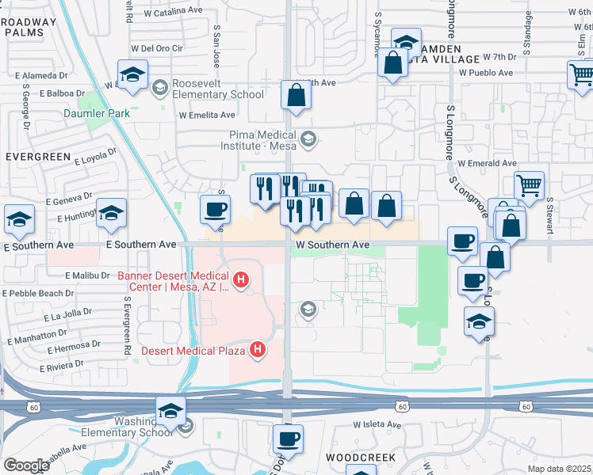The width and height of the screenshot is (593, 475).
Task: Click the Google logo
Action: pyautogui.click(x=26, y=465)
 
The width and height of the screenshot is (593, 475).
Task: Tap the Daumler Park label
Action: pyautogui.click(x=96, y=113)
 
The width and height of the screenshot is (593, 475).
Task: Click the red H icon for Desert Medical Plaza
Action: pyautogui.click(x=258, y=348)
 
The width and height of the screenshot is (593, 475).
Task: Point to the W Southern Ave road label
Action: pyautogui.click(x=333, y=245)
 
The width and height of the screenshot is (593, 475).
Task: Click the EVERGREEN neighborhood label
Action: pyautogui.click(x=38, y=157)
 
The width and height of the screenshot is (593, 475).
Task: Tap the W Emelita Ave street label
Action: pyautogui.click(x=208, y=115)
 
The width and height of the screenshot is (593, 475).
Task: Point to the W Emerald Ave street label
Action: pyautogui.click(x=488, y=163)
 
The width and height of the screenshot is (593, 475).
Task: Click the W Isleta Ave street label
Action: pyautogui.click(x=377, y=424)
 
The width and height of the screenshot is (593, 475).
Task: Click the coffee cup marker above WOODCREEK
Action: pyautogui.click(x=289, y=438)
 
